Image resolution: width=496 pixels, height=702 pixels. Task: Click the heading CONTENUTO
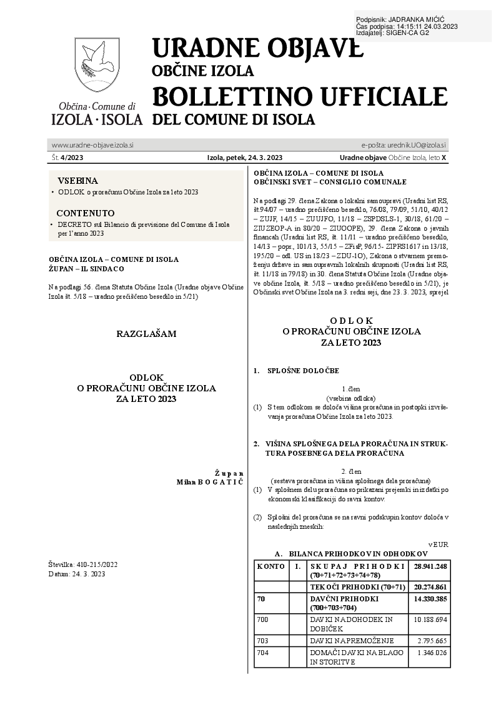coord(86,213)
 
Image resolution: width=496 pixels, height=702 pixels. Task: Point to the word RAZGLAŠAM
coord(146,334)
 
